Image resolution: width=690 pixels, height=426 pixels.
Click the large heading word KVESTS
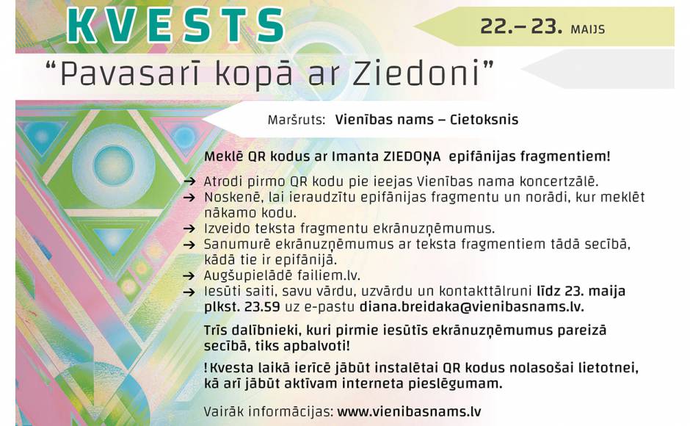point(175,25)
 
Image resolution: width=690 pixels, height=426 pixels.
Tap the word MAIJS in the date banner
point(587,29)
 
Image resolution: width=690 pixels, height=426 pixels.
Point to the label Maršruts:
point(296,120)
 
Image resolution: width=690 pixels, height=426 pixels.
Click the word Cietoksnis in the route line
point(484,120)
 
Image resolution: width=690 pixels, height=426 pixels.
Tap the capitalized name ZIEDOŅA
point(413,157)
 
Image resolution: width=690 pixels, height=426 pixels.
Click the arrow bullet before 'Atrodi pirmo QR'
point(189,181)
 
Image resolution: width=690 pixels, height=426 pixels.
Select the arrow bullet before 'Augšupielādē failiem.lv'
point(189,276)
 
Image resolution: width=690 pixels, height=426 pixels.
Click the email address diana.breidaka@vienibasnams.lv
point(472,307)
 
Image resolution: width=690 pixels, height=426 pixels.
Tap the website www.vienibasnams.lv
point(409,412)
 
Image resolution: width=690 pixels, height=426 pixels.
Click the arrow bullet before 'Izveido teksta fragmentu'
point(189,229)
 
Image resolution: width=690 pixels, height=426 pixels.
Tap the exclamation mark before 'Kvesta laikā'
point(206,368)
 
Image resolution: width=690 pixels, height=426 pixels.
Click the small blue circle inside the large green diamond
point(114,165)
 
